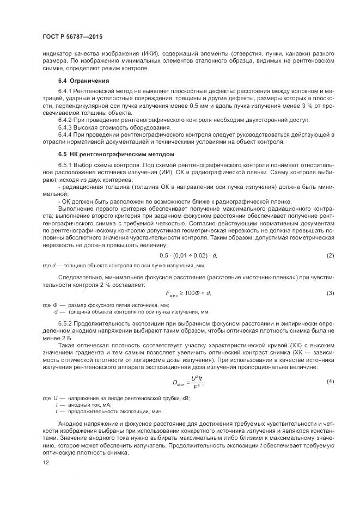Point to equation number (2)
click(x=330, y=240)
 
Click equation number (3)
click(x=330, y=293)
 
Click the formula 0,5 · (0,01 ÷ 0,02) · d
click(x=188, y=240)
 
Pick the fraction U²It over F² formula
click(x=188, y=383)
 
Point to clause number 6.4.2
click(x=65, y=119)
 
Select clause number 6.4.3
click(x=65, y=127)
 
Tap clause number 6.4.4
click(x=65, y=134)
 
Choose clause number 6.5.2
click(x=65, y=324)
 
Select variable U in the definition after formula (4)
click(x=55, y=399)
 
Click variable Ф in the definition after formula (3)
click(x=55, y=306)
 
